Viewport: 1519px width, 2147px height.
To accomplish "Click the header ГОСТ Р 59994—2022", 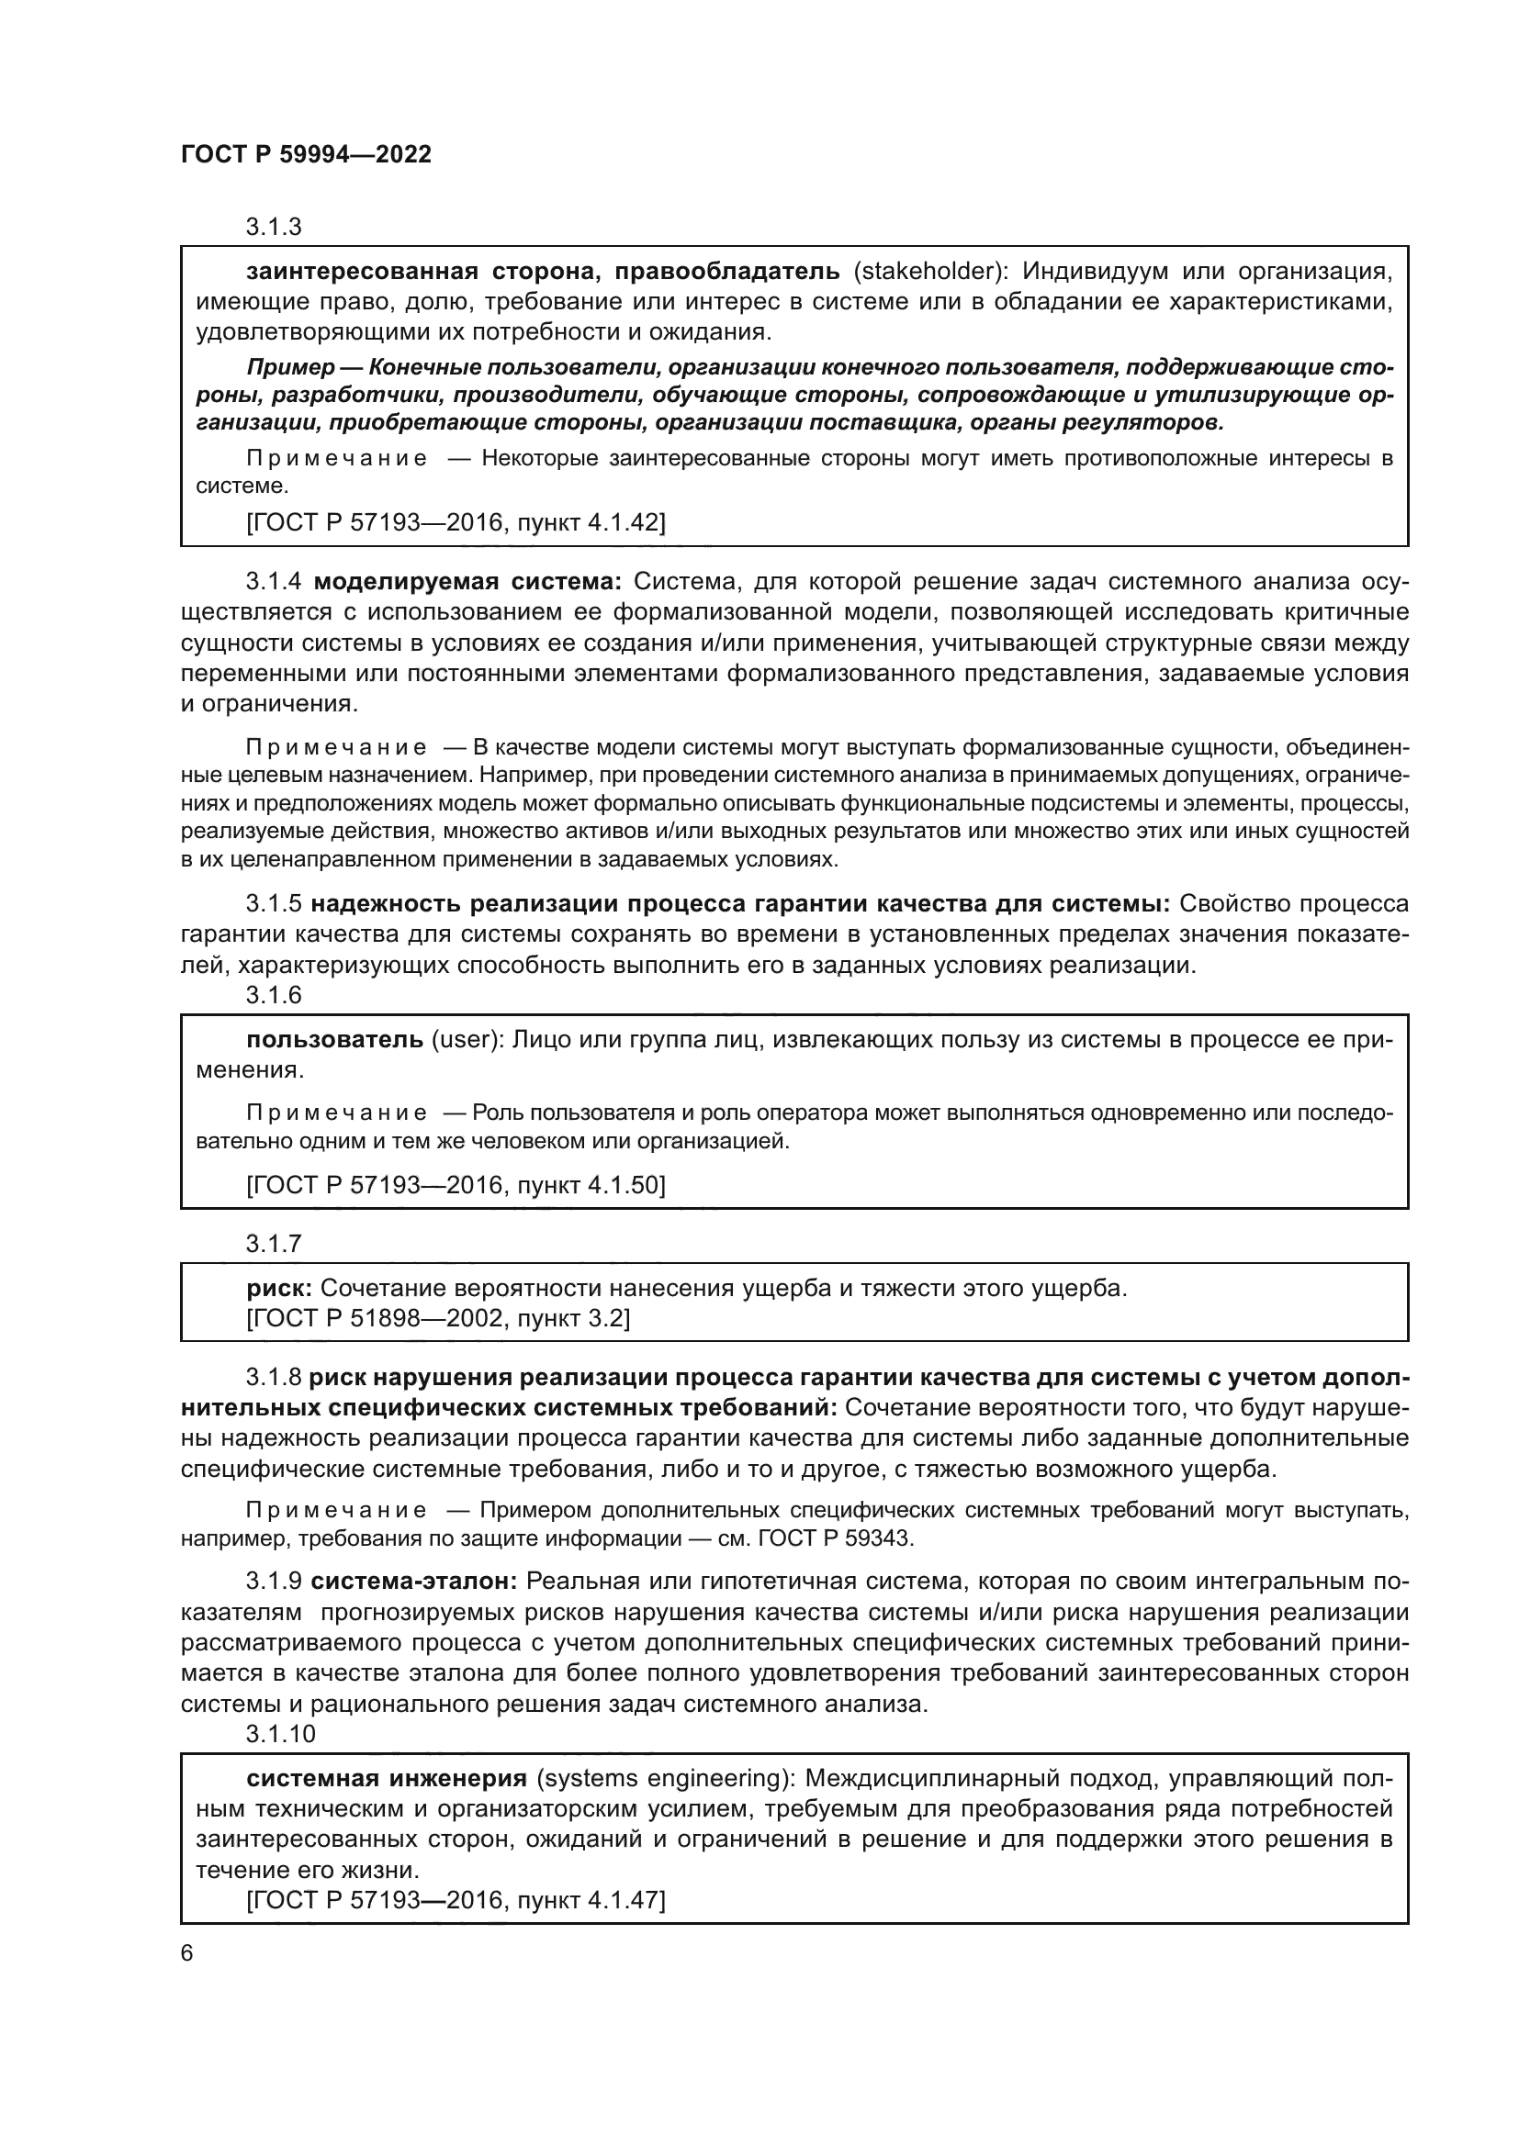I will coord(306,154).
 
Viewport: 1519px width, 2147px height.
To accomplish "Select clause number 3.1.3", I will coord(273,228).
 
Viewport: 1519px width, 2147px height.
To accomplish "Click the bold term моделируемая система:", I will coord(467,582).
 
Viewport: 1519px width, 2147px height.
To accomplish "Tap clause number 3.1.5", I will coord(273,904).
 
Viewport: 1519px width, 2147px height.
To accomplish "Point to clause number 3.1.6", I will coord(273,995).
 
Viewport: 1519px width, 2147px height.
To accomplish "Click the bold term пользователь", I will coord(335,1040).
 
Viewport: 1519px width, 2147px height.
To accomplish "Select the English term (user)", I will coord(468,1040).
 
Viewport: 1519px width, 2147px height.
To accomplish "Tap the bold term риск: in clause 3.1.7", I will coord(279,1289).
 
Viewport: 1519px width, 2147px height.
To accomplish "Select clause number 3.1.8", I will coord(273,1379).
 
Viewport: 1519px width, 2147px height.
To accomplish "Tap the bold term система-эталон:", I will coord(413,1582).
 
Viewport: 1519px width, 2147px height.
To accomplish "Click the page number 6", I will coord(187,1953).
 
